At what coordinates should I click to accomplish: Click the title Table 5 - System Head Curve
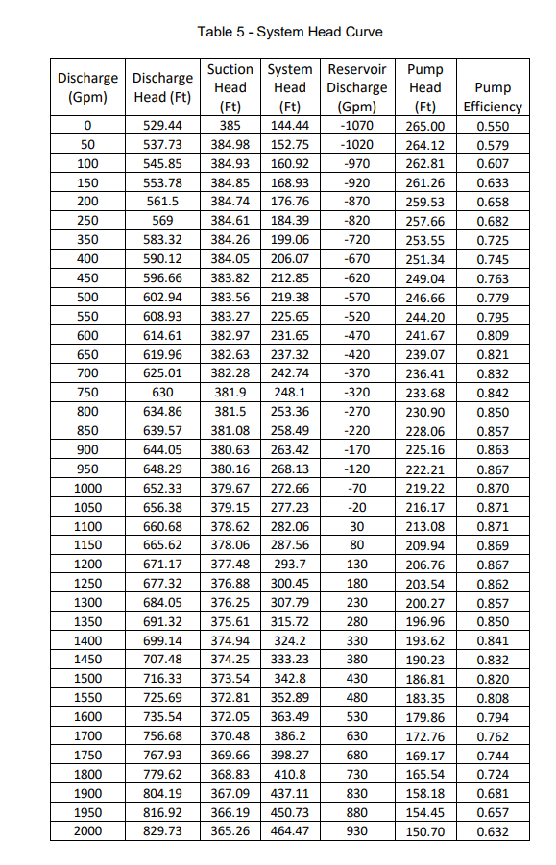pos(289,32)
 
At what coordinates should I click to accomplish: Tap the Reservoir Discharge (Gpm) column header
pos(357,87)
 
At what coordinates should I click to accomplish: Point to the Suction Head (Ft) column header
pos(230,87)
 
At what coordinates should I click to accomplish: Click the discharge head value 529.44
pos(162,126)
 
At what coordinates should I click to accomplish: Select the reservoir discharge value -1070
pos(357,126)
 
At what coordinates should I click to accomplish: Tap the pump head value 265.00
pos(425,126)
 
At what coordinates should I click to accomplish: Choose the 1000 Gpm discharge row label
pos(87,488)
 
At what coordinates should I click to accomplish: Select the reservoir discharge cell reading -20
pos(357,506)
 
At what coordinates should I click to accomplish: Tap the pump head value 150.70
pos(425,830)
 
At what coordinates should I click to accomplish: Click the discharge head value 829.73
pos(162,830)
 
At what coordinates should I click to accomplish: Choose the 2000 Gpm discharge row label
pos(87,830)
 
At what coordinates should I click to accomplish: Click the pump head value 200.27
pos(425,602)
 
